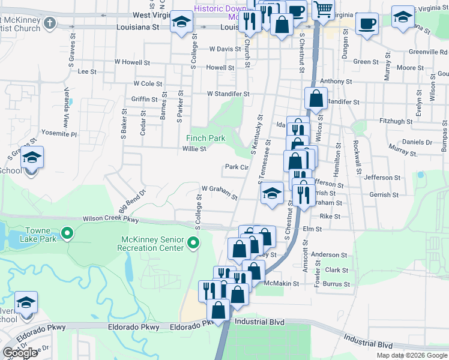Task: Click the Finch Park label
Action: point(205,138)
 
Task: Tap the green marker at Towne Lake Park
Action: point(68,232)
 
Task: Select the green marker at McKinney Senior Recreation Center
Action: point(193,243)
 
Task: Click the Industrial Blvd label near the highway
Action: point(259,322)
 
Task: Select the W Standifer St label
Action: point(228,94)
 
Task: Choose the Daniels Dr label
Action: point(417,142)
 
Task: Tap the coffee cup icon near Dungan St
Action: point(366,24)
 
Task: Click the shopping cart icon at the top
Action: point(324,10)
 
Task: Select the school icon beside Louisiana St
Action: point(180,23)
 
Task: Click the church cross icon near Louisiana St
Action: point(49,23)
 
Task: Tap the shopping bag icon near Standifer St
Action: point(315,98)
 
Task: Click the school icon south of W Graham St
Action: point(272,193)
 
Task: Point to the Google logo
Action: point(20,353)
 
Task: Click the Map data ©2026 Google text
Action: point(411,355)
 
